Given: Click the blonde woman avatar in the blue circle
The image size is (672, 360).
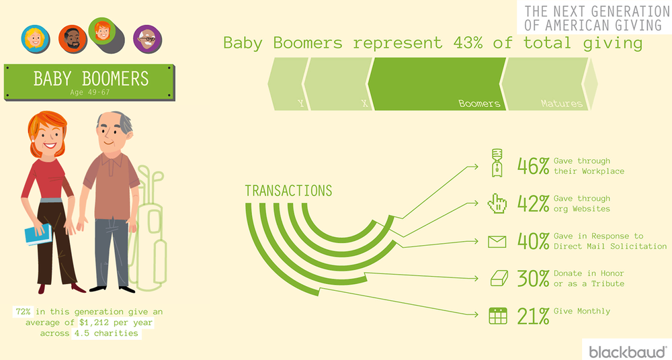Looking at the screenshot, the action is [35, 39].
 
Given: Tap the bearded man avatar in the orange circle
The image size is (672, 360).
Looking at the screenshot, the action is [72, 39].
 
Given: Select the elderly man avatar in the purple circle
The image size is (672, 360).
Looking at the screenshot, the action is [147, 39].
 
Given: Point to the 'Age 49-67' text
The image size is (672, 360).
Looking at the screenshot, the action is [90, 92].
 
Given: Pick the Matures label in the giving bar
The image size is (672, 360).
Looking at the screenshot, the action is [561, 103].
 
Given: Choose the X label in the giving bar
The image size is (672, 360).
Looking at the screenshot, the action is [364, 103].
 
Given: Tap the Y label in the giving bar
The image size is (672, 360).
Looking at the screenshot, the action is [301, 103].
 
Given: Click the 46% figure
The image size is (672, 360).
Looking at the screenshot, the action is [533, 166].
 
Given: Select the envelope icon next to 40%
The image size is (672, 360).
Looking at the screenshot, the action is [497, 242].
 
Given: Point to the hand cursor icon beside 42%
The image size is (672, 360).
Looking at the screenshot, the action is [497, 203].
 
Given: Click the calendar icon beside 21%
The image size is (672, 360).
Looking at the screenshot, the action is [497, 316].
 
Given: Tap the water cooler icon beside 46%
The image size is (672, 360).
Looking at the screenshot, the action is [497, 163].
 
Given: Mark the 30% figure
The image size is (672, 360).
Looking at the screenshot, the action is [533, 279].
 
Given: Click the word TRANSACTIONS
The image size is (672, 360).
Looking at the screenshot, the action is [288, 191].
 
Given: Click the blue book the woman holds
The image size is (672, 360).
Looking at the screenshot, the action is [38, 234].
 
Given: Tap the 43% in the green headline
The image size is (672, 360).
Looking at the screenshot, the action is [468, 43].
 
